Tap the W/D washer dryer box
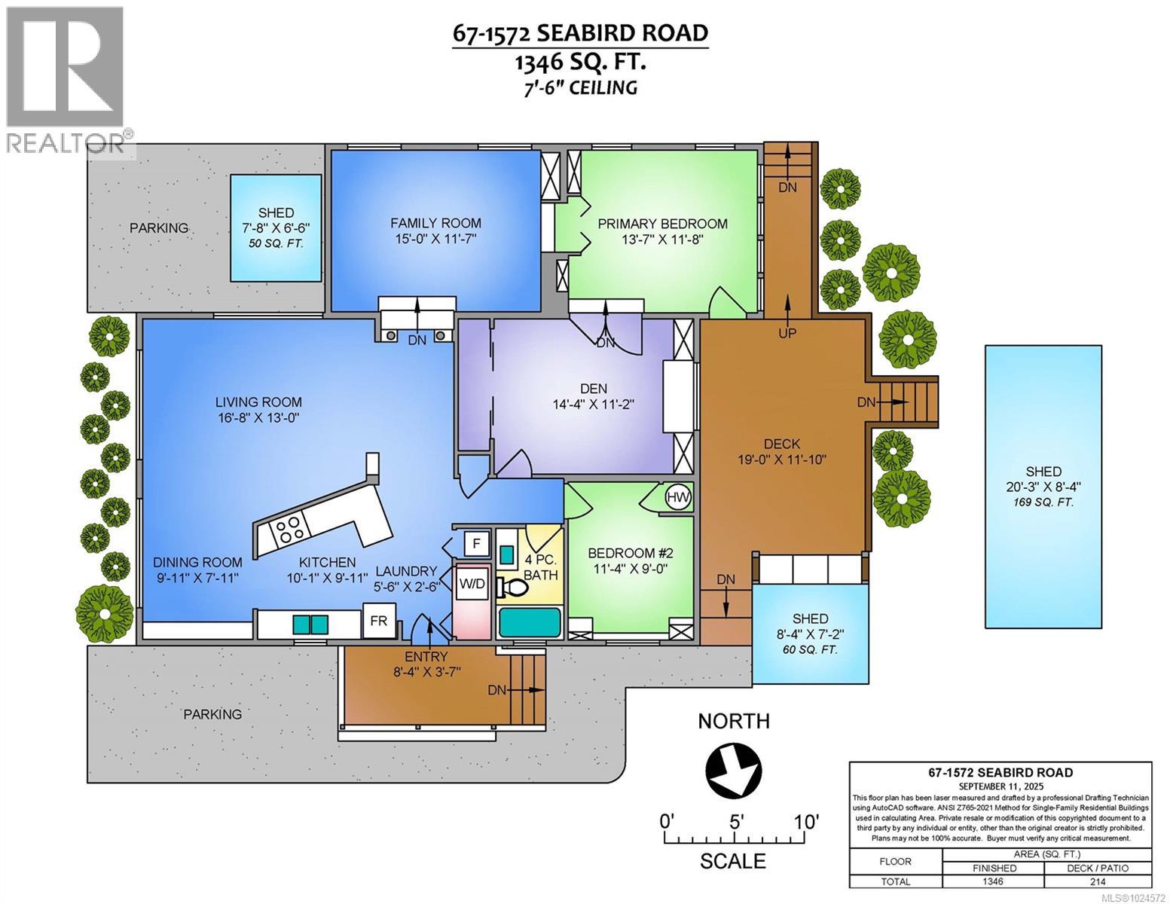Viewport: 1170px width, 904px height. point(472,583)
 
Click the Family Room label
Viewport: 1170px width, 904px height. point(435,223)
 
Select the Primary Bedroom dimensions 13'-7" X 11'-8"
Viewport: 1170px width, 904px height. point(662,240)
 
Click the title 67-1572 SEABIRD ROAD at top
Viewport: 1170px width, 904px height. point(580,34)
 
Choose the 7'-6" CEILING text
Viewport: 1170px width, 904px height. point(580,87)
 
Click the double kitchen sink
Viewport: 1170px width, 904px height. point(310,625)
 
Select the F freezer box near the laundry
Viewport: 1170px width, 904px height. point(475,542)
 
